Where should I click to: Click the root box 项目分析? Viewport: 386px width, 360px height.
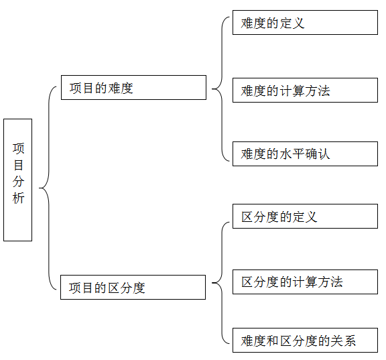(17, 180)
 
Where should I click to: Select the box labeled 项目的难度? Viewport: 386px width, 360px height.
(133, 87)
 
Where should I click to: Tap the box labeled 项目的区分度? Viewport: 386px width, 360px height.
(133, 288)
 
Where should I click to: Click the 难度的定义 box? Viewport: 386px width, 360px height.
(306, 22)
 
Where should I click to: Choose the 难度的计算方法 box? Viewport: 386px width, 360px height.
(306, 90)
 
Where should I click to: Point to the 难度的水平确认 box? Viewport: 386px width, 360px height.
(306, 154)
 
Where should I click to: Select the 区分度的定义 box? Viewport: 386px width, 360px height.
(306, 216)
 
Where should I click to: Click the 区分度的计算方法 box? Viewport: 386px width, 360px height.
(306, 282)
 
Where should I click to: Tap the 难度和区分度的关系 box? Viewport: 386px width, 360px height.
(306, 341)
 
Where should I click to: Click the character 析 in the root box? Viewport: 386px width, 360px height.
(19, 198)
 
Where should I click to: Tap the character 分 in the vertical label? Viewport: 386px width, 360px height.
(19, 181)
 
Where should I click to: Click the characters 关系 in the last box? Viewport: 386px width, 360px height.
(343, 341)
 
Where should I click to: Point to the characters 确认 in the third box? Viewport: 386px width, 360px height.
(318, 154)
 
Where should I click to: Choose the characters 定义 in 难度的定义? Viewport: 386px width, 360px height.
(292, 23)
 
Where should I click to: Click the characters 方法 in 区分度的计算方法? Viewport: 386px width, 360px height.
(330, 282)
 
